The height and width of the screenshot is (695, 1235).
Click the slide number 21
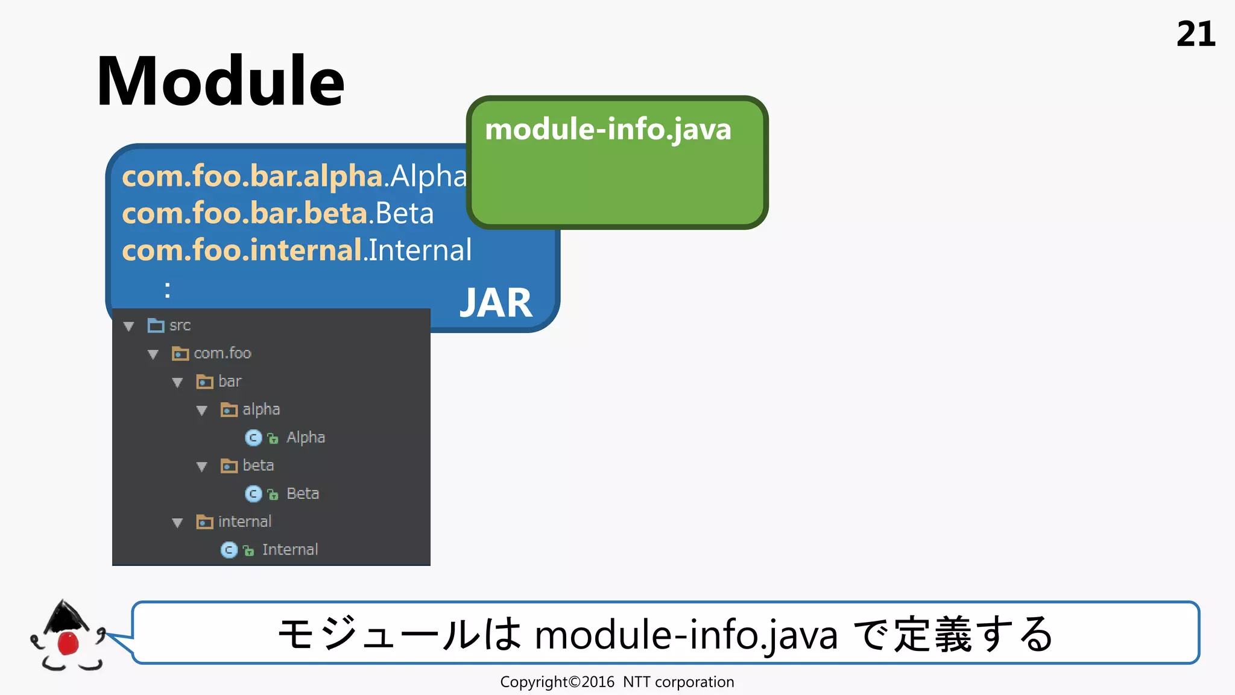pos(1195,34)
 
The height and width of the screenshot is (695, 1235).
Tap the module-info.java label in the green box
pos(608,129)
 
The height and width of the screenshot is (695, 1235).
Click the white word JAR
pos(496,303)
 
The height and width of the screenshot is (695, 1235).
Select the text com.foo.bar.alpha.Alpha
pos(294,176)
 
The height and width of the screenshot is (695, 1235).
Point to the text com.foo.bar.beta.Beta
pos(277,214)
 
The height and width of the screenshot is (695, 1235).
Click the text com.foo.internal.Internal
pos(297,250)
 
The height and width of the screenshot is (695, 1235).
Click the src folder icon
pos(156,326)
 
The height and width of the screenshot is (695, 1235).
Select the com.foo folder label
pos(222,354)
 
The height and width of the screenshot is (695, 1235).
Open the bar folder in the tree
pos(229,381)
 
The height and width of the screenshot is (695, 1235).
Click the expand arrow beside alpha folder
pos(202,411)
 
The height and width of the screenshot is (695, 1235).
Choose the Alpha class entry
pos(305,437)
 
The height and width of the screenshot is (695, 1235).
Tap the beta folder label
pos(258,466)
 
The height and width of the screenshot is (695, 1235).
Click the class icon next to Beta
pos(253,494)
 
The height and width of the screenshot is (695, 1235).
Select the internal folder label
pos(244,522)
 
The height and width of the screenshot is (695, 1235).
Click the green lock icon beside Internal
pos(248,550)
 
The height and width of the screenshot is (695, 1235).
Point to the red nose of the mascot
pos(68,643)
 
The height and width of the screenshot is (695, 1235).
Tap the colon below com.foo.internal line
pos(168,290)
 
